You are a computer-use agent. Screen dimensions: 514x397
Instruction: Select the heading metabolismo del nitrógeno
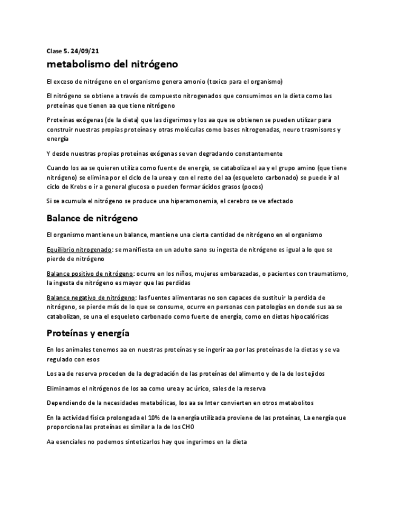point(112,64)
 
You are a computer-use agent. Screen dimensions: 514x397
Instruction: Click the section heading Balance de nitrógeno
point(92,218)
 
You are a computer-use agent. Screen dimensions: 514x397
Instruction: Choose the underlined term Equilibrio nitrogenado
point(79,250)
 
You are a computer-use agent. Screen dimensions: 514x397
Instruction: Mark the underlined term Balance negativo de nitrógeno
point(91,298)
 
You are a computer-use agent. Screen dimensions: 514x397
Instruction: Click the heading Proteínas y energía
point(88,333)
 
